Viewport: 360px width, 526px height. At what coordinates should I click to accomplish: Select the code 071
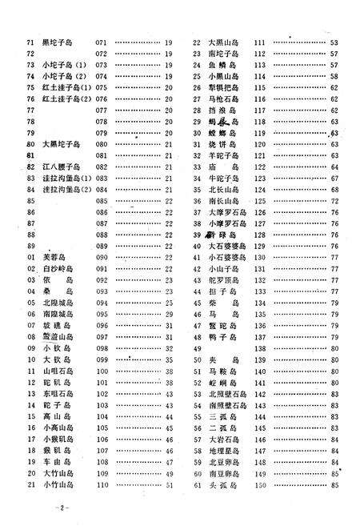tap(102, 42)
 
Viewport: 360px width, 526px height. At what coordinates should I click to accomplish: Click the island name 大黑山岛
tap(220, 42)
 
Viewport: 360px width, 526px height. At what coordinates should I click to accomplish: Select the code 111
tap(259, 42)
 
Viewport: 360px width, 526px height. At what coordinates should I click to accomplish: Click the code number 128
tap(259, 235)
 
